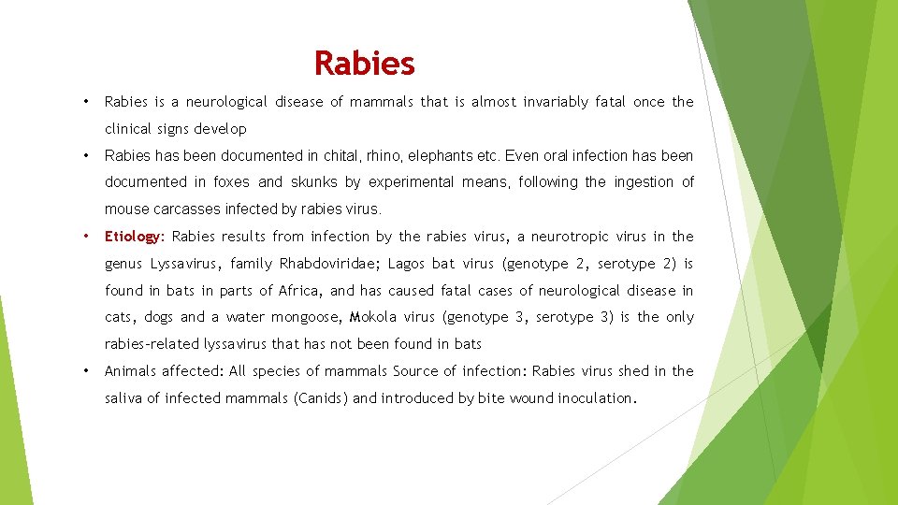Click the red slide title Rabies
tap(364, 64)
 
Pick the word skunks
tap(314, 182)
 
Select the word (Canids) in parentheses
tap(321, 398)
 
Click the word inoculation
tap(596, 398)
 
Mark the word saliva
tap(126, 398)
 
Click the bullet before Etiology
tap(85, 237)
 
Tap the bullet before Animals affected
tap(85, 371)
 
